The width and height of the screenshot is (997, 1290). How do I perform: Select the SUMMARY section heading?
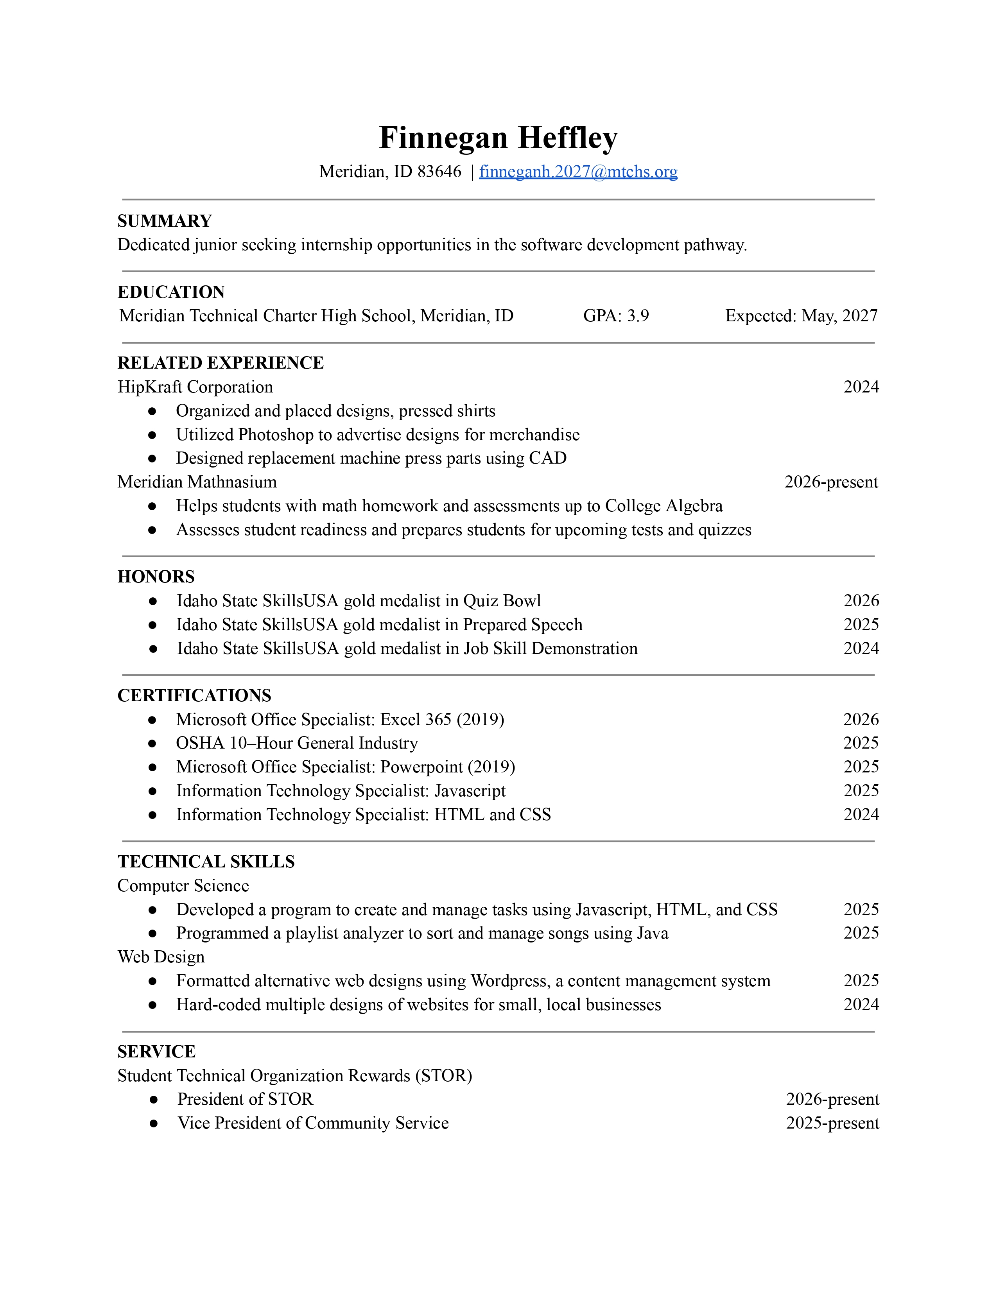[x=164, y=221]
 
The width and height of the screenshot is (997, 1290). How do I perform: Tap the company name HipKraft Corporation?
[x=195, y=387]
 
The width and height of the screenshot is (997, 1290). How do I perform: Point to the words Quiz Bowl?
[x=502, y=601]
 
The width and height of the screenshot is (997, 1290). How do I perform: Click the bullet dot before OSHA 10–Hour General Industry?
[x=152, y=744]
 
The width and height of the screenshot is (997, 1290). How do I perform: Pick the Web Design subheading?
[x=161, y=957]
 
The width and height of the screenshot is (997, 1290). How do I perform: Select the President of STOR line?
[x=245, y=1099]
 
